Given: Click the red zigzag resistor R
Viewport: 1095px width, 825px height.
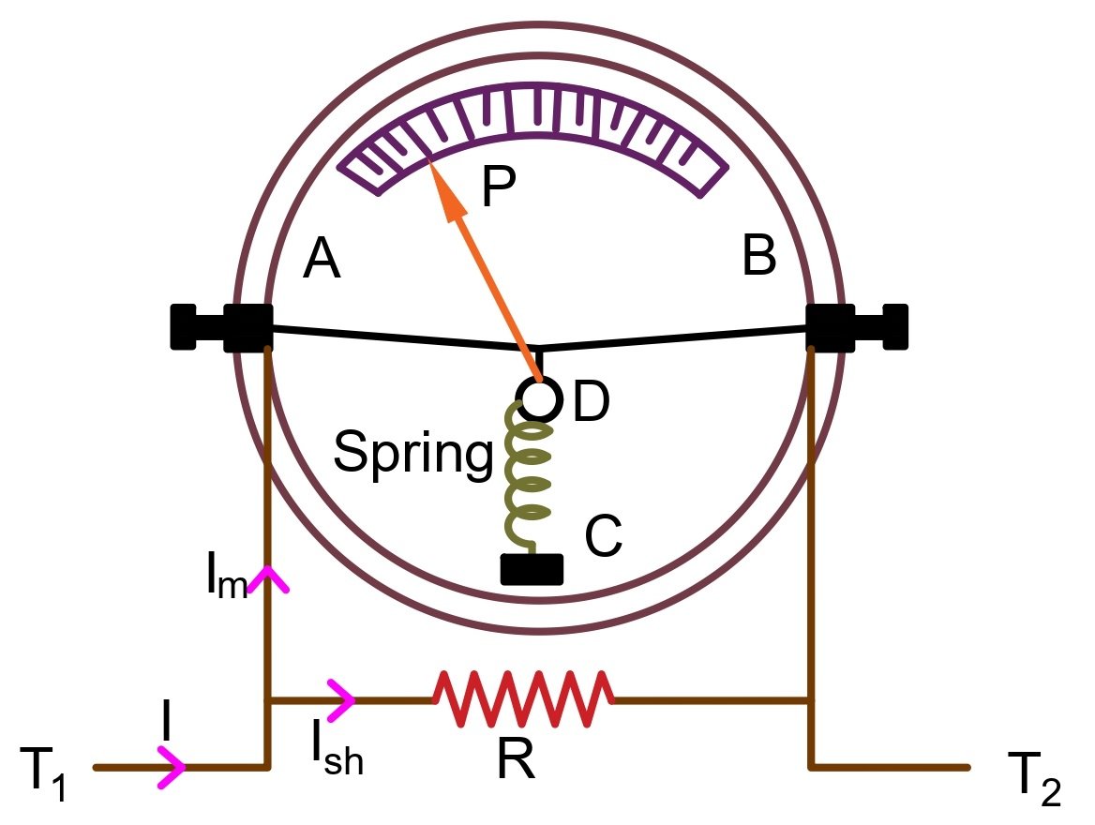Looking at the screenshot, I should (523, 699).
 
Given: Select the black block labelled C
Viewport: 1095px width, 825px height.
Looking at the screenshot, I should (532, 569).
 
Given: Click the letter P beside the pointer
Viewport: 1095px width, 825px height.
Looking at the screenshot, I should (498, 188).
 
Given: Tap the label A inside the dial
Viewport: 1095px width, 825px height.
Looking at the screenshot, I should (322, 260).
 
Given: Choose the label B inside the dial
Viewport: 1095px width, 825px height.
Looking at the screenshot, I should (758, 256).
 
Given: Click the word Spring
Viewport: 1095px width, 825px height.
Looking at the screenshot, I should (412, 454).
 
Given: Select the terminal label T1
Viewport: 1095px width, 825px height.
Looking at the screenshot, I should (44, 773).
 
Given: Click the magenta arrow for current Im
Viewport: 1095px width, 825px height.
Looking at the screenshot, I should (269, 578).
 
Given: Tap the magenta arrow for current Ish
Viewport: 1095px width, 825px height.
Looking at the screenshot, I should (342, 698).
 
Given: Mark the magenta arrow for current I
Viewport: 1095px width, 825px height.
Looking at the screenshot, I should (172, 768).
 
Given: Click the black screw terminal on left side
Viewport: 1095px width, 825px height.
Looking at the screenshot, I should (220, 327).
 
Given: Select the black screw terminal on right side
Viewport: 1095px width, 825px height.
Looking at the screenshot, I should (858, 326).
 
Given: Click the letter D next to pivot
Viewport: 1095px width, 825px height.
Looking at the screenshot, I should (592, 403).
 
